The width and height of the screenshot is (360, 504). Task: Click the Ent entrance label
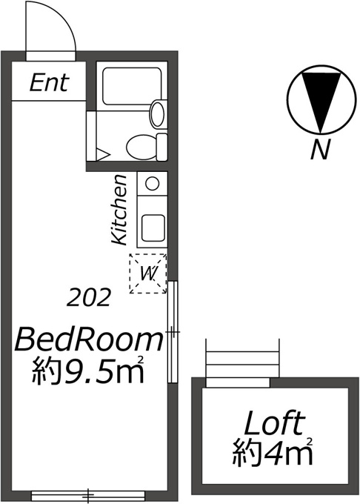tap(49, 82)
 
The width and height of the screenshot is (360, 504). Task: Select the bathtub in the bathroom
tap(132, 86)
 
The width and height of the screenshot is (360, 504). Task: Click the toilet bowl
tap(141, 147)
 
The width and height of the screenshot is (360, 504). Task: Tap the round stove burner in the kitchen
tap(152, 184)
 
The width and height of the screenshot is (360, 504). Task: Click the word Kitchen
tap(119, 210)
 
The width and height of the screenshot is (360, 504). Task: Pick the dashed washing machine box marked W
tap(148, 273)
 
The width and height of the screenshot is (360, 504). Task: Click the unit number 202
tap(89, 297)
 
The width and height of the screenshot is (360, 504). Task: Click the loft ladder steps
tap(242, 358)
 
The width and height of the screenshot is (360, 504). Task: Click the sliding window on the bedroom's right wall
tap(173, 332)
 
